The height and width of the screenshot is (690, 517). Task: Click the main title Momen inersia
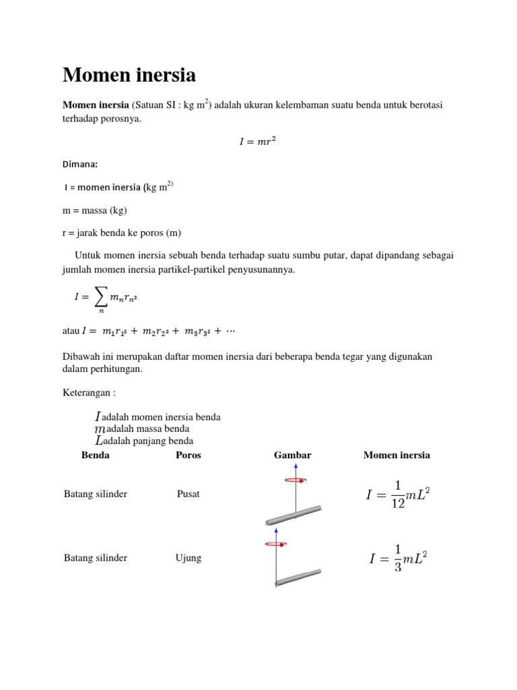129,75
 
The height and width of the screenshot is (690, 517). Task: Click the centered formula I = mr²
258,141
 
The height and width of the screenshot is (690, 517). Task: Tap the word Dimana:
80,164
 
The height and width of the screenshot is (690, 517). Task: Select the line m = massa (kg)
95,210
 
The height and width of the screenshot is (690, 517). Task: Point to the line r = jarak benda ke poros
122,232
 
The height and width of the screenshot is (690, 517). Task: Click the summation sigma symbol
101,295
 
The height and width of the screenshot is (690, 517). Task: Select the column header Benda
95,455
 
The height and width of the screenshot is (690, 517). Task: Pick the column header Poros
188,455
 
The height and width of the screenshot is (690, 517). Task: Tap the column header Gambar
292,455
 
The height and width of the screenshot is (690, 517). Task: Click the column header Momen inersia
397,455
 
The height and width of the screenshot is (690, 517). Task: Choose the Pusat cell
188,494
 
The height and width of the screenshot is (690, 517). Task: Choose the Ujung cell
188,558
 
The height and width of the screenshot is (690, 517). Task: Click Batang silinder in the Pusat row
96,494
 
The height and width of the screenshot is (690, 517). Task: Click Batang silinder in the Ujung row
96,558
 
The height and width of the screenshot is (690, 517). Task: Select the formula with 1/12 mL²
397,495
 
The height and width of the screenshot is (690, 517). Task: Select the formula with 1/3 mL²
398,559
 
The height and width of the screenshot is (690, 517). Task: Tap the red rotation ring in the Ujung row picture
277,543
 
